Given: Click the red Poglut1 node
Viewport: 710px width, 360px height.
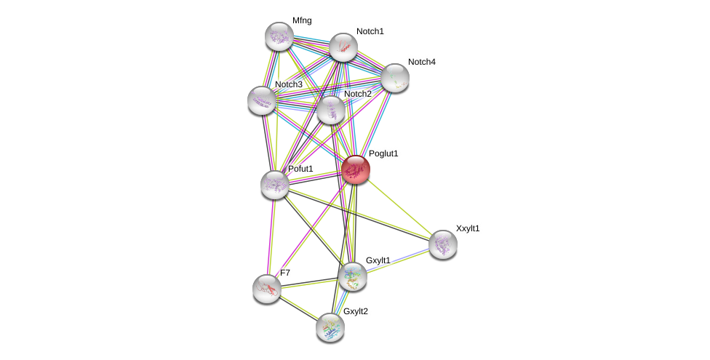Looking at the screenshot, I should (356, 170).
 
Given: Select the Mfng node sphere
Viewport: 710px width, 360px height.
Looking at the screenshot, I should (279, 36).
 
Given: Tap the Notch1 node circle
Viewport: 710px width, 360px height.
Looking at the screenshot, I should (343, 47).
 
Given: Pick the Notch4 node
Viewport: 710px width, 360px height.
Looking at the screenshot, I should (395, 78).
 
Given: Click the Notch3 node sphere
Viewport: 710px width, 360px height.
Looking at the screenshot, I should (261, 100).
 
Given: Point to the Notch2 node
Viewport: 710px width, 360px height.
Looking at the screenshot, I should (331, 111).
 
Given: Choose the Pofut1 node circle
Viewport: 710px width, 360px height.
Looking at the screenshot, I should (275, 184).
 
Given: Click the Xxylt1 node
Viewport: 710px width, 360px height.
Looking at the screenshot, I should (443, 244).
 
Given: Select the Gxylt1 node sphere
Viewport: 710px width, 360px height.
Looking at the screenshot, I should (353, 276).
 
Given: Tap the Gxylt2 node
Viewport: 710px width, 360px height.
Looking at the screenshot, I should (330, 327).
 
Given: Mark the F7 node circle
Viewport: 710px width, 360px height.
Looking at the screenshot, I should (267, 288).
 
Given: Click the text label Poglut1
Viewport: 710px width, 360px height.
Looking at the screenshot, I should (383, 154).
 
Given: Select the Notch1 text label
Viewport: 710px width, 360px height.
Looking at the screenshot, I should (370, 31).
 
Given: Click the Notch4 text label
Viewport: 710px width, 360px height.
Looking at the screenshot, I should (421, 62).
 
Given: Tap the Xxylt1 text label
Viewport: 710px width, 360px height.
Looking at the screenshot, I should (468, 228).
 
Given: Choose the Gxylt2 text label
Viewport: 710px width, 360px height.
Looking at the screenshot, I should (356, 311).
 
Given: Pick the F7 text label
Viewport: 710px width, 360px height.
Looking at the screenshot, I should (285, 273).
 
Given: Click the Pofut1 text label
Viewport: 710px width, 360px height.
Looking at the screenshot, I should (300, 169).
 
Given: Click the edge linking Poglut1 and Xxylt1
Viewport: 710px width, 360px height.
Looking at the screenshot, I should (399, 207).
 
